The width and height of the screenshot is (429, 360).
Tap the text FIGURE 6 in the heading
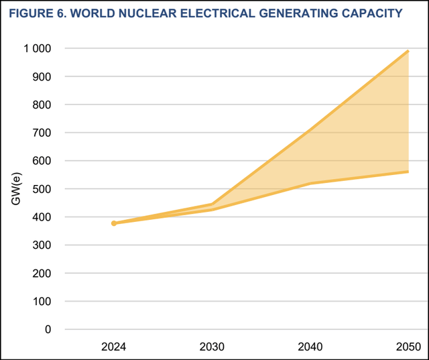(34, 13)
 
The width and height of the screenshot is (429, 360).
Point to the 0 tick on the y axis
(48, 330)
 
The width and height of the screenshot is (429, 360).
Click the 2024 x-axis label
(114, 347)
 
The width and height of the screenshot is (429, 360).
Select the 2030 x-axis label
(212, 347)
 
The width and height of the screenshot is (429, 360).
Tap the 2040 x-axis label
(310, 347)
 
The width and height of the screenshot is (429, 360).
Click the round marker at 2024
(114, 223)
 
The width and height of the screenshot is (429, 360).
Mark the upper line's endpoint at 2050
(408, 51)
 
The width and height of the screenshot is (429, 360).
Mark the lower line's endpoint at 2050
(408, 172)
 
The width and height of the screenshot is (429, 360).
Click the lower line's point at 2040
(310, 184)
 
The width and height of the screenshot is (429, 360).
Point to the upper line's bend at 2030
(212, 204)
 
